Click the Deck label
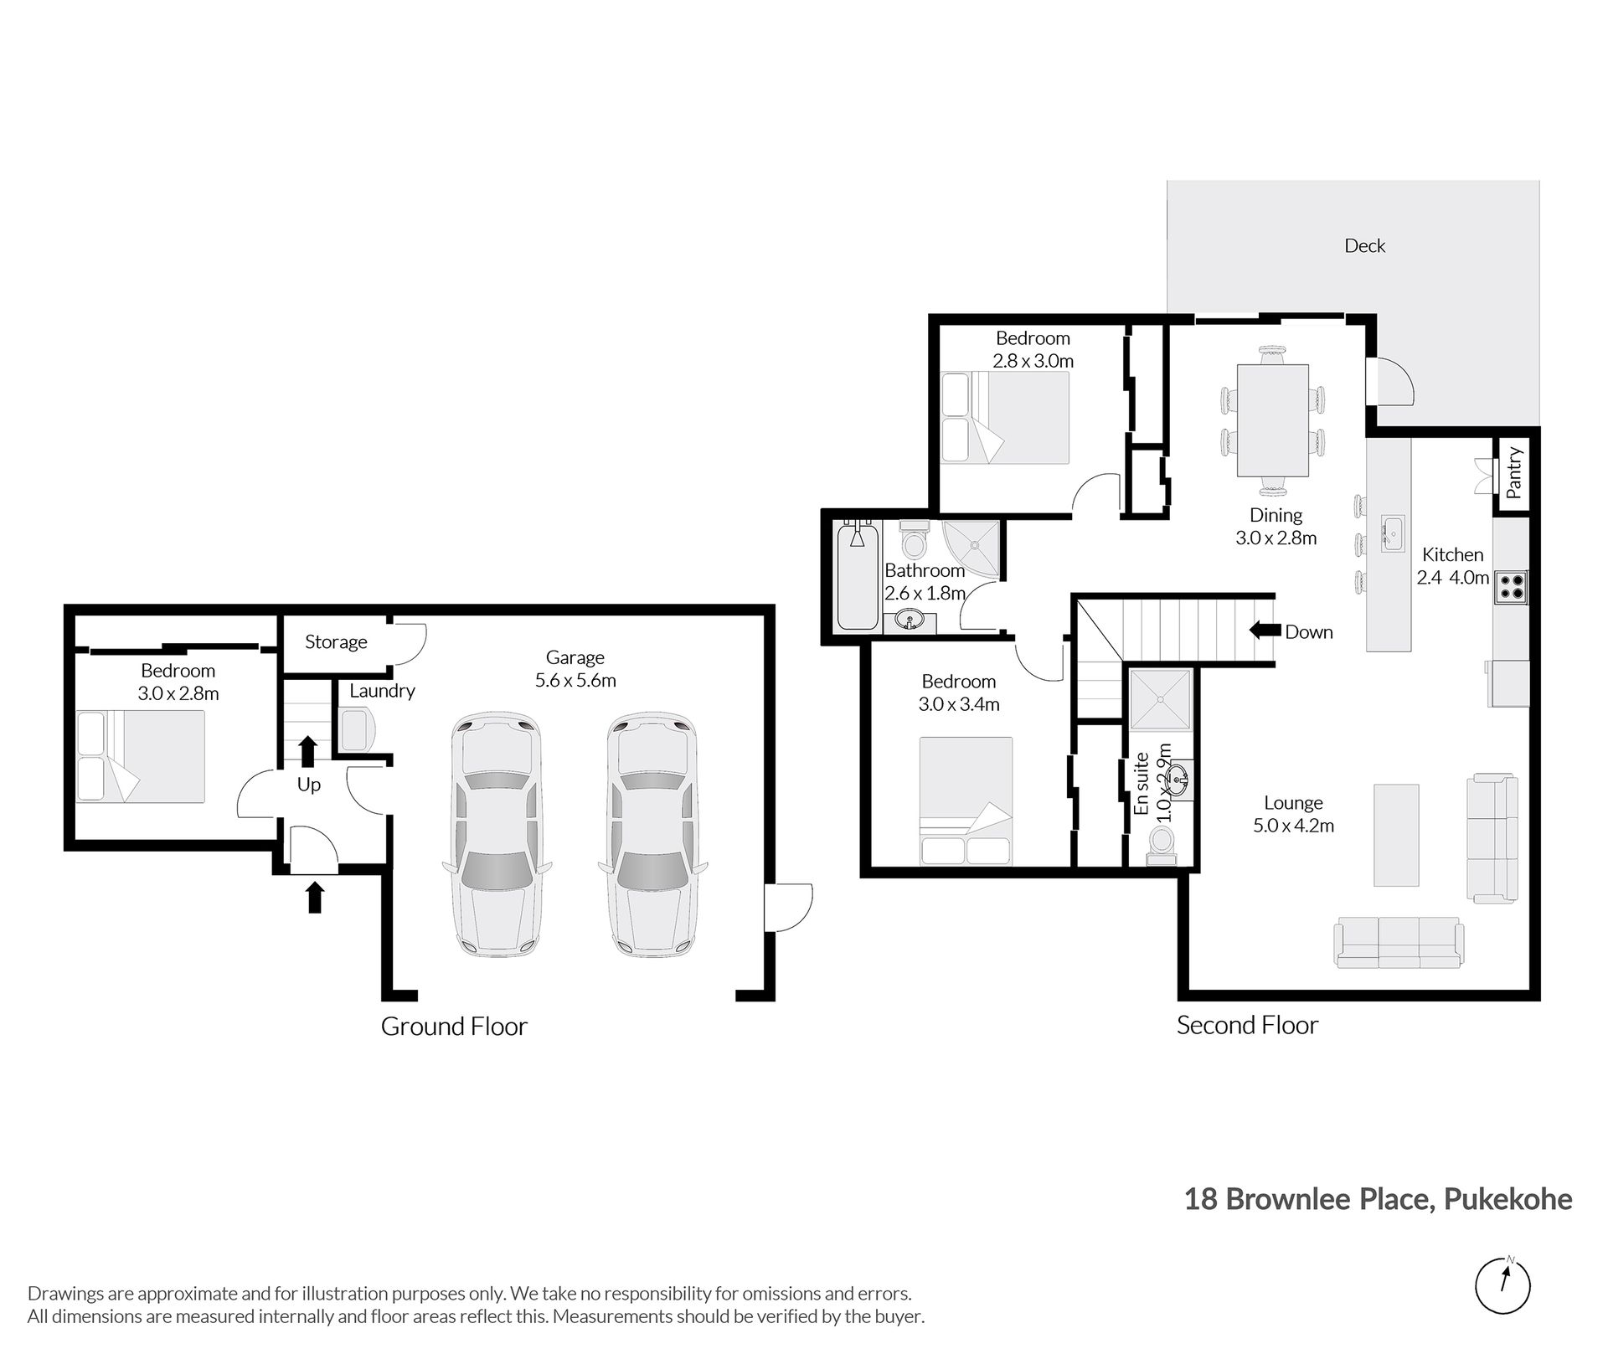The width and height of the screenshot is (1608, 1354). click(x=1364, y=246)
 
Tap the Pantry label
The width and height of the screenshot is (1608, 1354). click(x=1513, y=473)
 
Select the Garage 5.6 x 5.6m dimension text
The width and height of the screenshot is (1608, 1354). click(x=575, y=681)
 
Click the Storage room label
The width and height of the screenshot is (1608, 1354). click(x=336, y=642)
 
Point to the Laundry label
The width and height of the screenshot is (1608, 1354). click(x=382, y=692)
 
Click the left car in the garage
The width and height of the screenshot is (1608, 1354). click(x=495, y=835)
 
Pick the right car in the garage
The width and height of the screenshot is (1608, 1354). click(x=652, y=835)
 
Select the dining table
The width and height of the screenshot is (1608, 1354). click(x=1273, y=420)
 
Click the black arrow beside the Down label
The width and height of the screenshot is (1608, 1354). click(x=1264, y=630)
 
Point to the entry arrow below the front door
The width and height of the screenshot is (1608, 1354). click(x=314, y=897)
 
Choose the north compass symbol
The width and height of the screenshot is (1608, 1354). click(x=1503, y=1286)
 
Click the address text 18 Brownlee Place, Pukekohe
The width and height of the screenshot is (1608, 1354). click(x=1378, y=1200)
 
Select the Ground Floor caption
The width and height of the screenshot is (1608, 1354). click(x=454, y=1027)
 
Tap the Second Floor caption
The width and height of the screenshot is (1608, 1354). click(x=1247, y=1025)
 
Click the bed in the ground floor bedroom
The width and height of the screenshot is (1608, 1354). click(x=141, y=757)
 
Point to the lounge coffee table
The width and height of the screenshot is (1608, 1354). click(x=1396, y=835)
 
